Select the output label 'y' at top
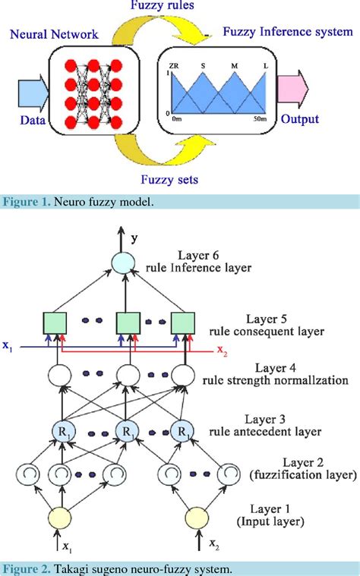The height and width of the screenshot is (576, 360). click(x=134, y=238)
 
